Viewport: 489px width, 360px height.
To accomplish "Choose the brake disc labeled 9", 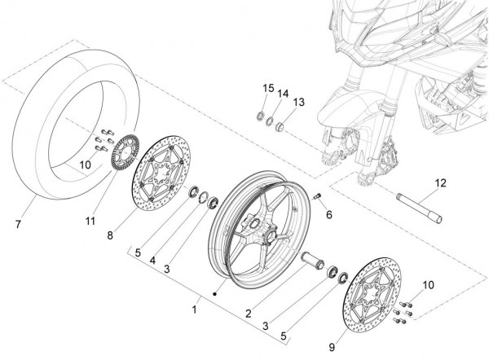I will [x=377, y=293].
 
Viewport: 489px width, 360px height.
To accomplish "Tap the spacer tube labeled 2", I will [x=313, y=264].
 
